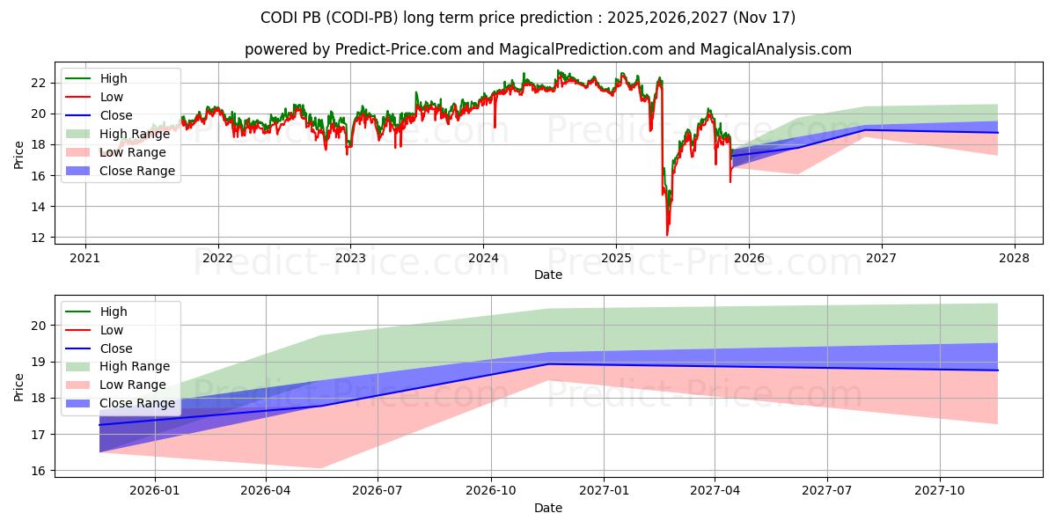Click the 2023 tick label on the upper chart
point(350,258)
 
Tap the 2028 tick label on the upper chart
point(1014,258)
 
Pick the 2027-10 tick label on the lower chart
point(941,490)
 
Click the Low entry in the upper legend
point(112,97)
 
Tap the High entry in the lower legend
point(114,312)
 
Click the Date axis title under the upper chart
point(547,275)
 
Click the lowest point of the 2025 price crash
point(667,235)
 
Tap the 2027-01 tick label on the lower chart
point(604,490)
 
